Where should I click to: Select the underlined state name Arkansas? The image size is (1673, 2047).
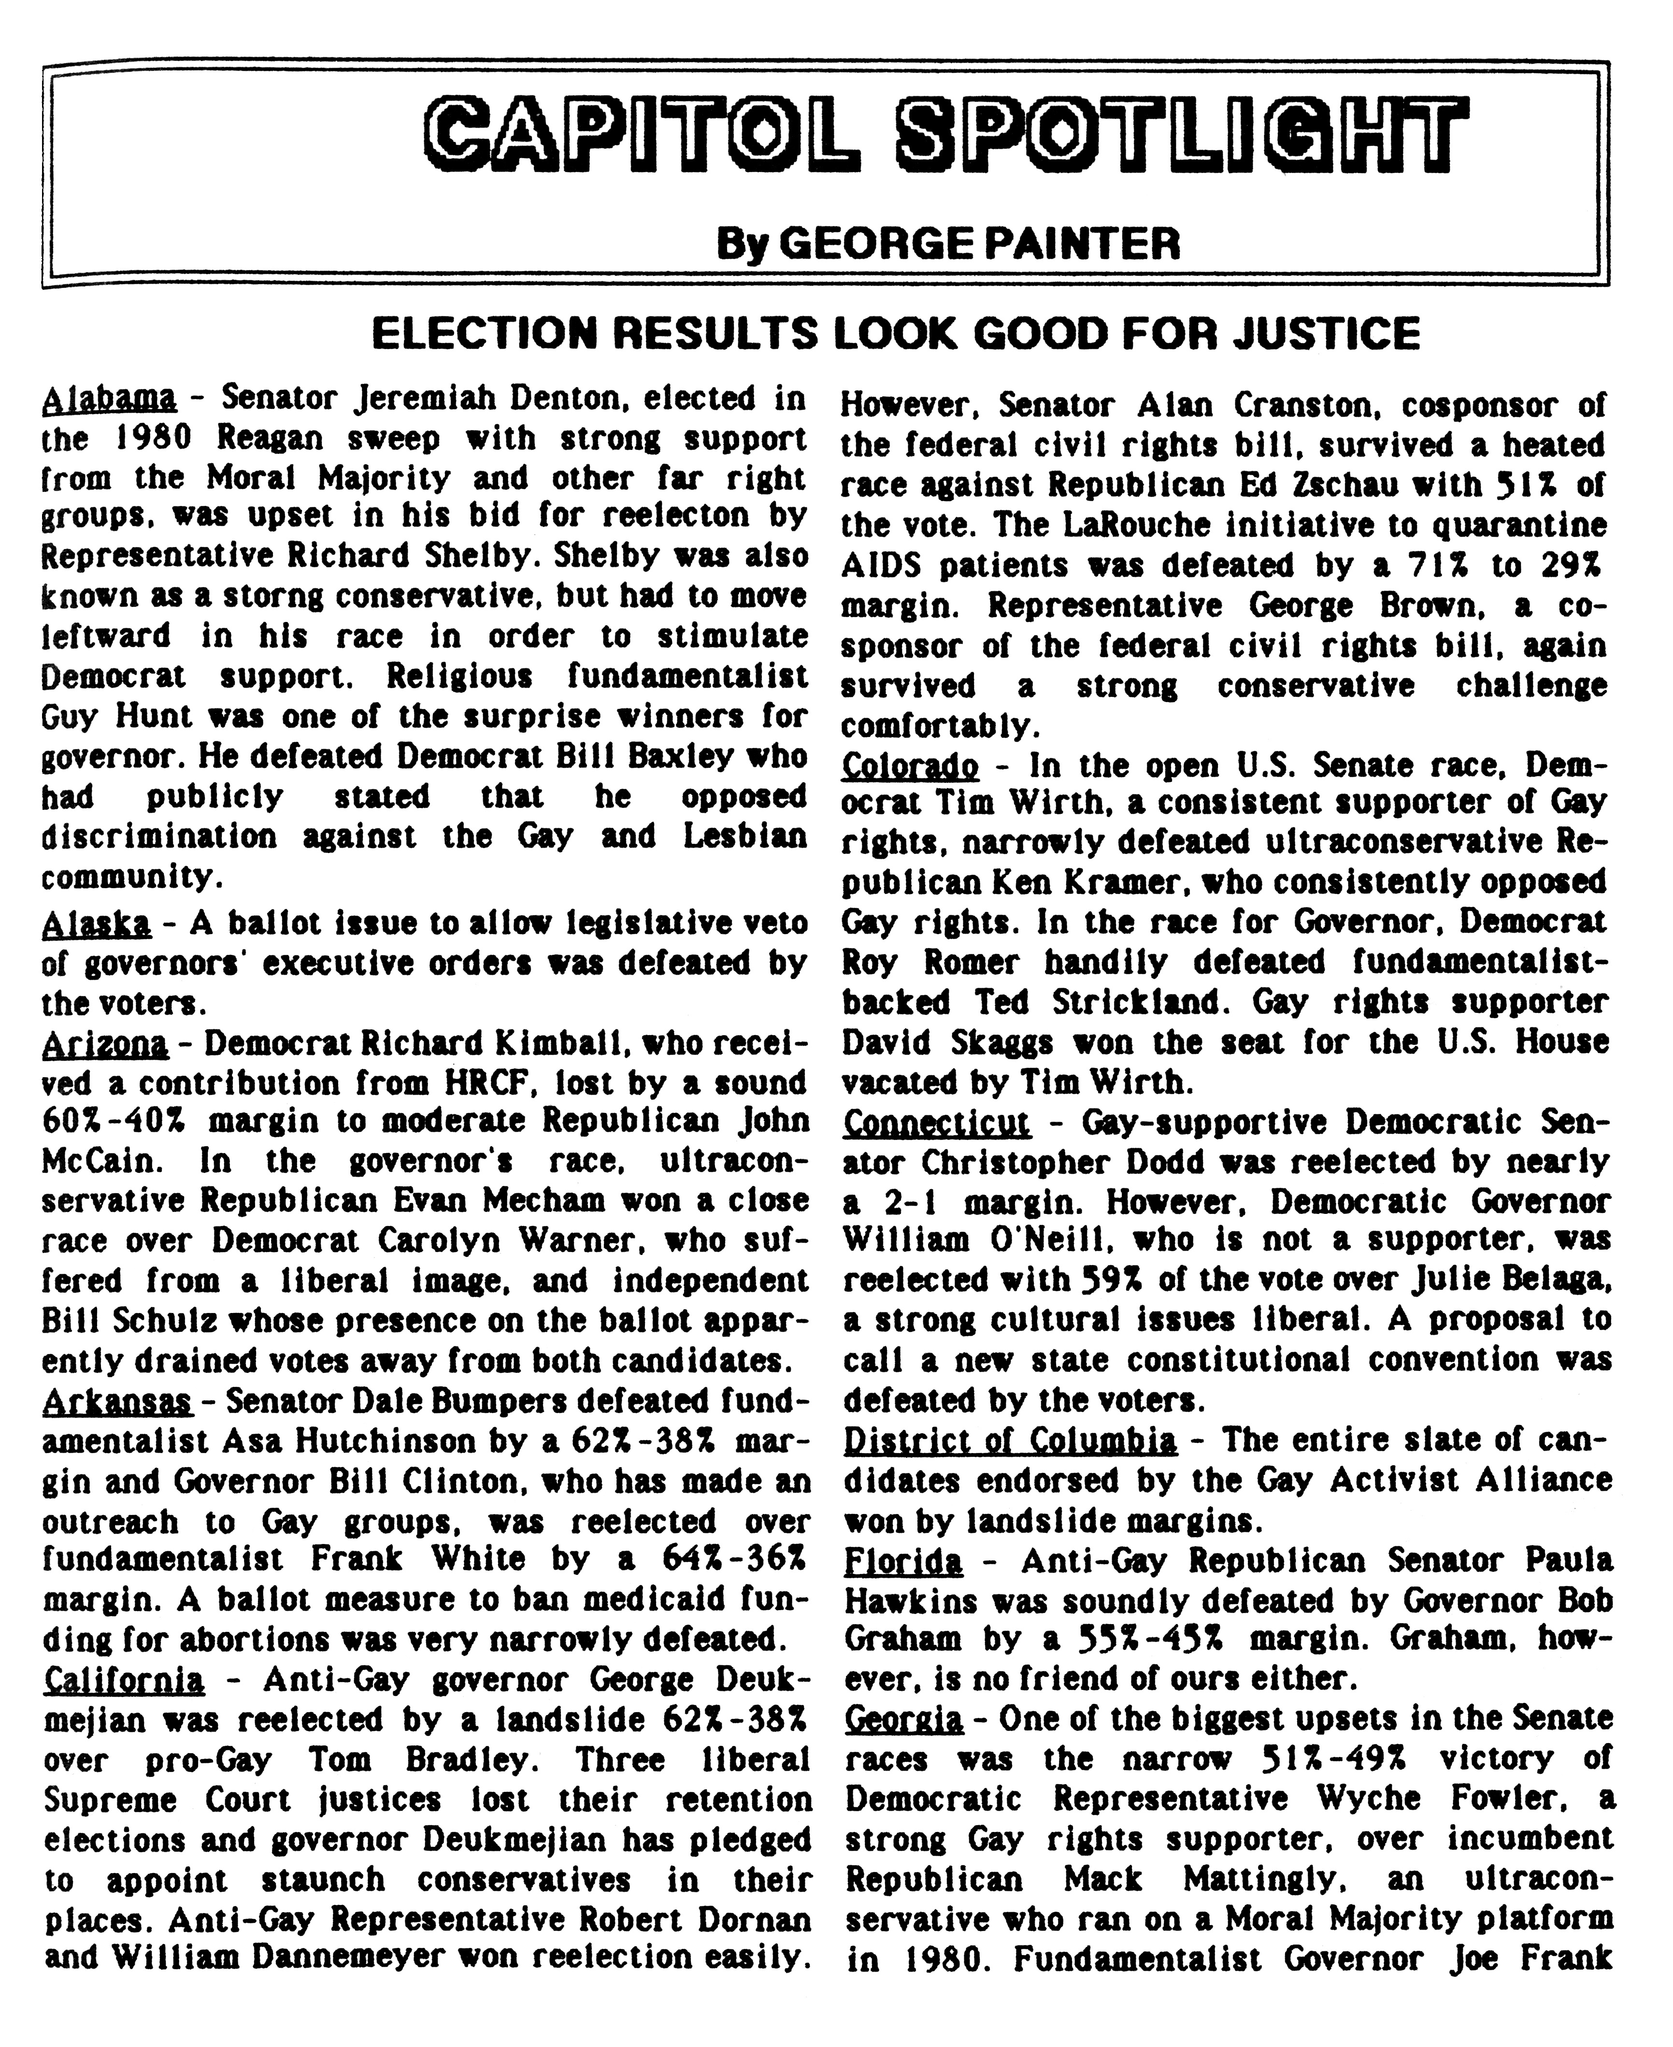[x=117, y=1400]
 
